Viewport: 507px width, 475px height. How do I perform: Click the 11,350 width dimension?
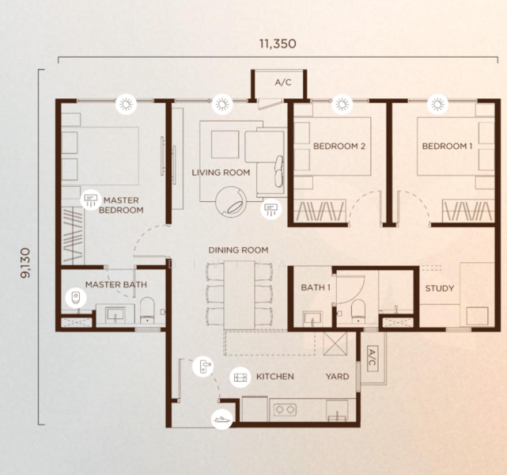click(276, 44)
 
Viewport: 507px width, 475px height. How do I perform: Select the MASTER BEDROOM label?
click(122, 206)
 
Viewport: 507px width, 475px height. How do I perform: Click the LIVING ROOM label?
click(221, 173)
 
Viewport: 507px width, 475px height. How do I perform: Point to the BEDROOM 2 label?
click(339, 146)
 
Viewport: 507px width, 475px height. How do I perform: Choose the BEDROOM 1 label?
click(447, 146)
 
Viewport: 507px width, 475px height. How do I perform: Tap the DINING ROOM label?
click(238, 250)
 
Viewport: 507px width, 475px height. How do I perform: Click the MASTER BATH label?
click(115, 284)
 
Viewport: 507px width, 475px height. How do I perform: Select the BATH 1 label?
click(316, 287)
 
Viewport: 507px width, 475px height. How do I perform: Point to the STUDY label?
click(439, 288)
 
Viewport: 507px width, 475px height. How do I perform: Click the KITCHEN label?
click(274, 377)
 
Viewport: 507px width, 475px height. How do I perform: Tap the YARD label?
click(338, 377)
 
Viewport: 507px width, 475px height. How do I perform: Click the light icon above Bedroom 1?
click(436, 104)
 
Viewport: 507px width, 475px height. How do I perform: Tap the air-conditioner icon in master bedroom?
click(89, 198)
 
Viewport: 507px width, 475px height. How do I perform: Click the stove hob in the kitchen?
click(284, 410)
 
